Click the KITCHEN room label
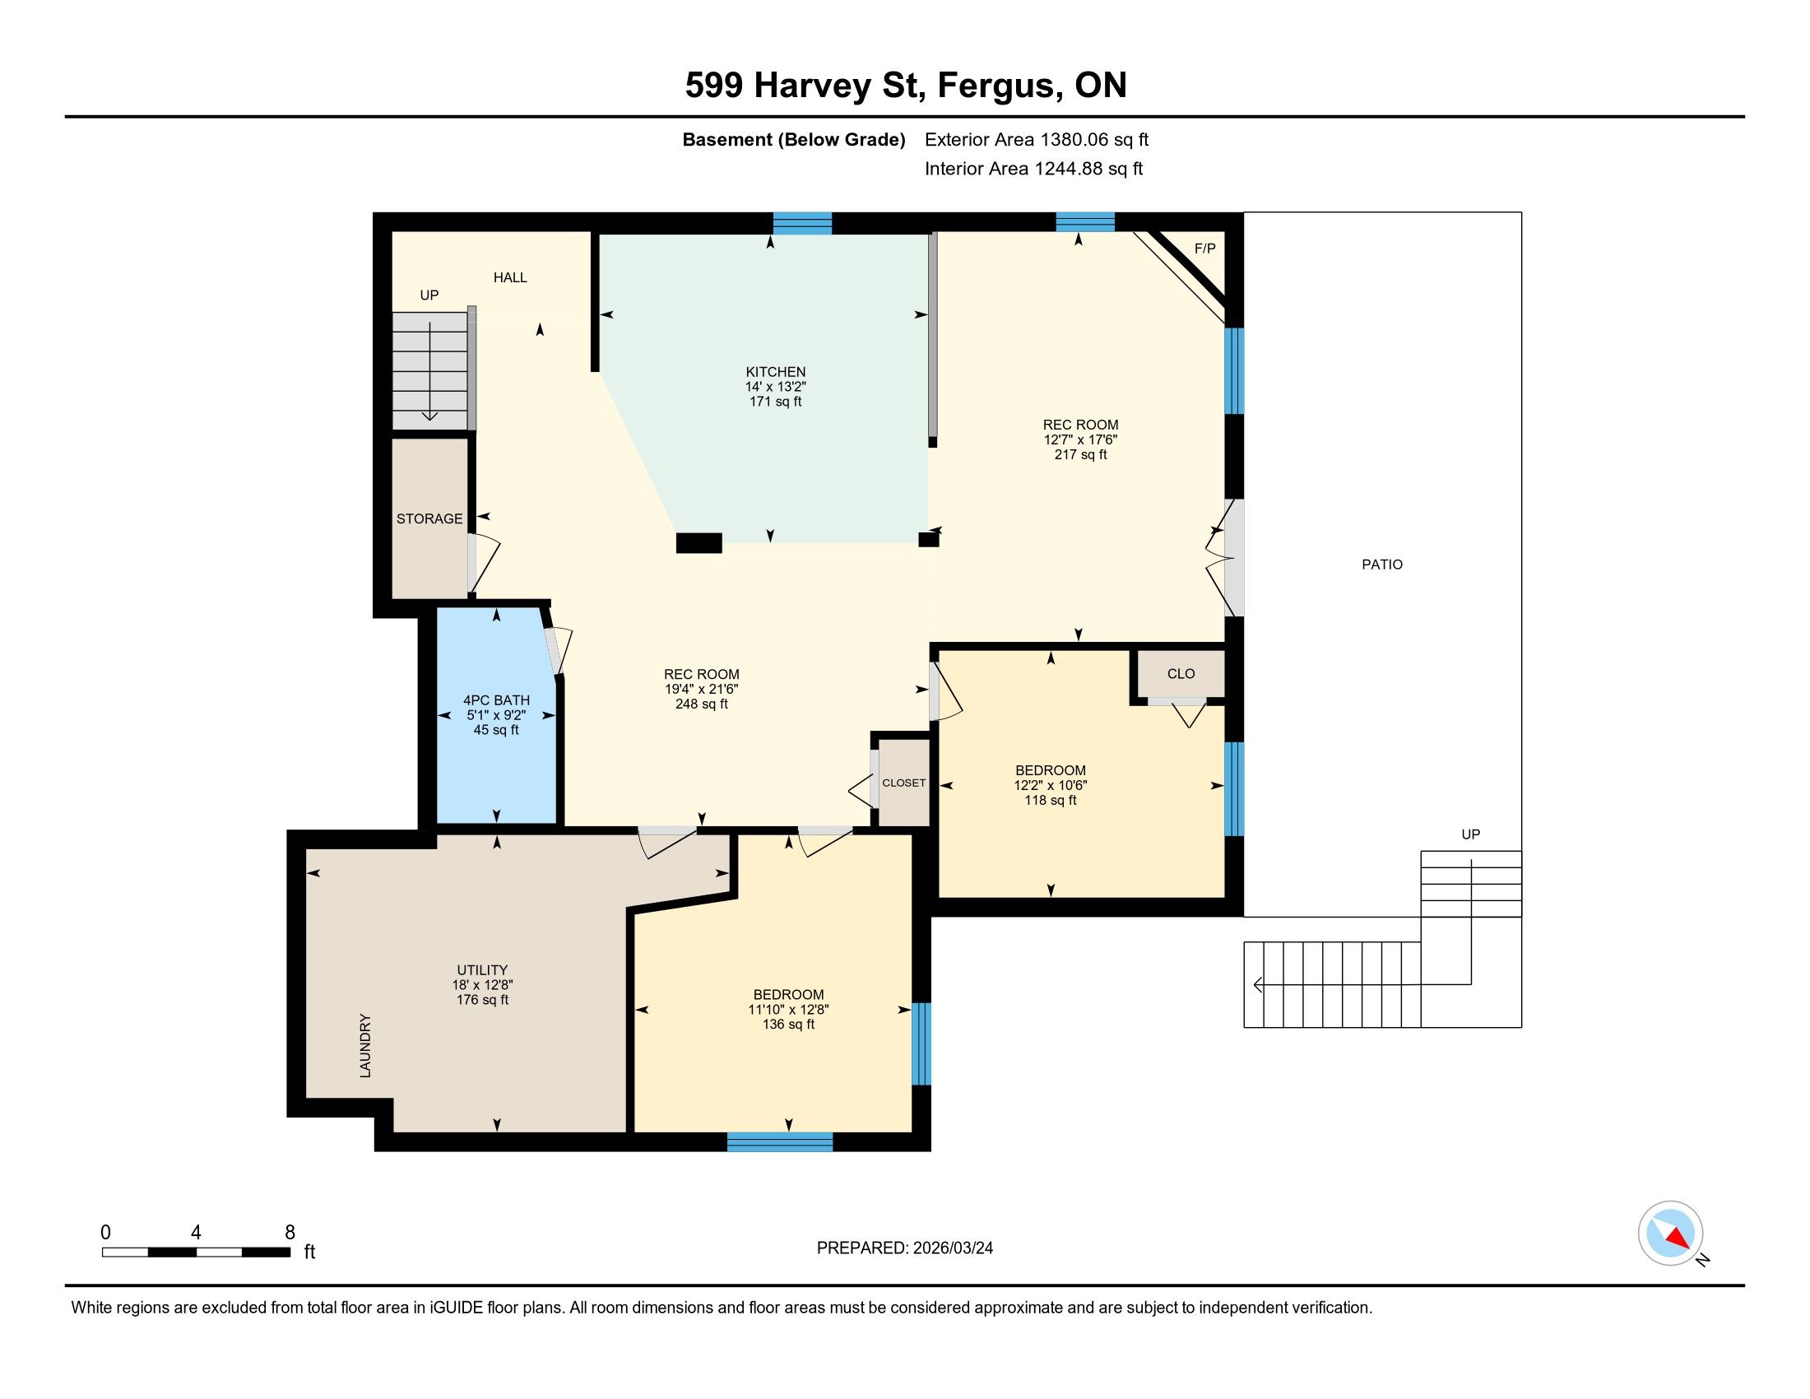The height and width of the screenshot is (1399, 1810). (775, 372)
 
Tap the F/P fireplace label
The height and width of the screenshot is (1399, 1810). (1204, 249)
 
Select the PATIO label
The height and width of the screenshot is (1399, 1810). (1382, 565)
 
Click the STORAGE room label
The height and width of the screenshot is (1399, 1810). (429, 518)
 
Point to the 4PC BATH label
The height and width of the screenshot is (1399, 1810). (496, 700)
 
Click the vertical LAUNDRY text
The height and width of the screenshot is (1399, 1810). (365, 1045)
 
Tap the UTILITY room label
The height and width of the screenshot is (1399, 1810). (482, 970)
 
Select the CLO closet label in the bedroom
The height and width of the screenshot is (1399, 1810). (1181, 674)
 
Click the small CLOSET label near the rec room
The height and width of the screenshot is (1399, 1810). (904, 783)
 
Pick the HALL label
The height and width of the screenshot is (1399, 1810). (511, 277)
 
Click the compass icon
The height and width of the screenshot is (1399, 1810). (1671, 1234)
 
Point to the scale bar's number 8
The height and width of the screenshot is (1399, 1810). (290, 1233)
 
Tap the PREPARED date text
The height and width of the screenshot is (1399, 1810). (905, 1248)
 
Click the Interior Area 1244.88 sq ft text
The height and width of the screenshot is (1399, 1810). (1033, 169)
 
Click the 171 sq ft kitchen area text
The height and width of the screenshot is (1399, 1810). (776, 402)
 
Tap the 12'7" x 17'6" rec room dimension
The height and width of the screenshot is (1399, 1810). (1081, 440)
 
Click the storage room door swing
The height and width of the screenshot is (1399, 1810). (484, 563)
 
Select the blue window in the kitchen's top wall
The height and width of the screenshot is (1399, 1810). (802, 223)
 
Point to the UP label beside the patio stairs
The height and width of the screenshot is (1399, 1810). (1470, 834)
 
